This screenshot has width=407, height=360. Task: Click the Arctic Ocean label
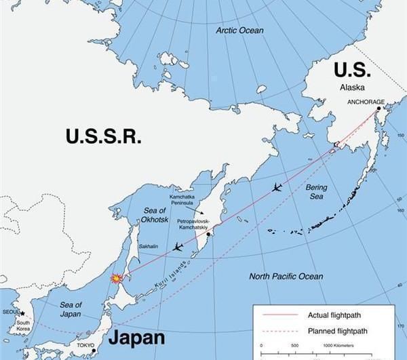(239, 31)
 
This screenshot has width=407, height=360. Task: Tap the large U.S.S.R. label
(104, 136)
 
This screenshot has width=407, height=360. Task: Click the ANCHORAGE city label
(366, 102)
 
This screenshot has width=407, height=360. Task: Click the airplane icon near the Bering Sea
(277, 187)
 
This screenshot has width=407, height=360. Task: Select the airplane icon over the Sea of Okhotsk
(177, 247)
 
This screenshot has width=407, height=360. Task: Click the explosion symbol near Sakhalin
(117, 278)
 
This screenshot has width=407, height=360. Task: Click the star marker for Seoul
(22, 314)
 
